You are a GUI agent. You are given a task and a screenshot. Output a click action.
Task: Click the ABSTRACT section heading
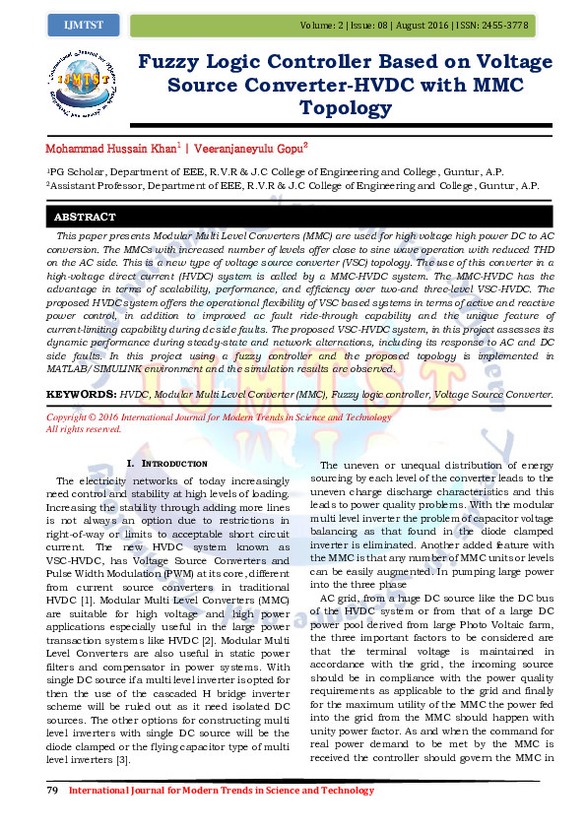85,217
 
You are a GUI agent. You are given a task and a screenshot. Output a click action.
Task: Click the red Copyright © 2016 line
219,417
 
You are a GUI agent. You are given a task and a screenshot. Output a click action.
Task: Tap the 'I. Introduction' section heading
167,463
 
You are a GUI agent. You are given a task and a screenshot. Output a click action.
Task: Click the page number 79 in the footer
54,790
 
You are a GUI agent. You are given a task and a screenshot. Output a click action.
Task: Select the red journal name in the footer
221,790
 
